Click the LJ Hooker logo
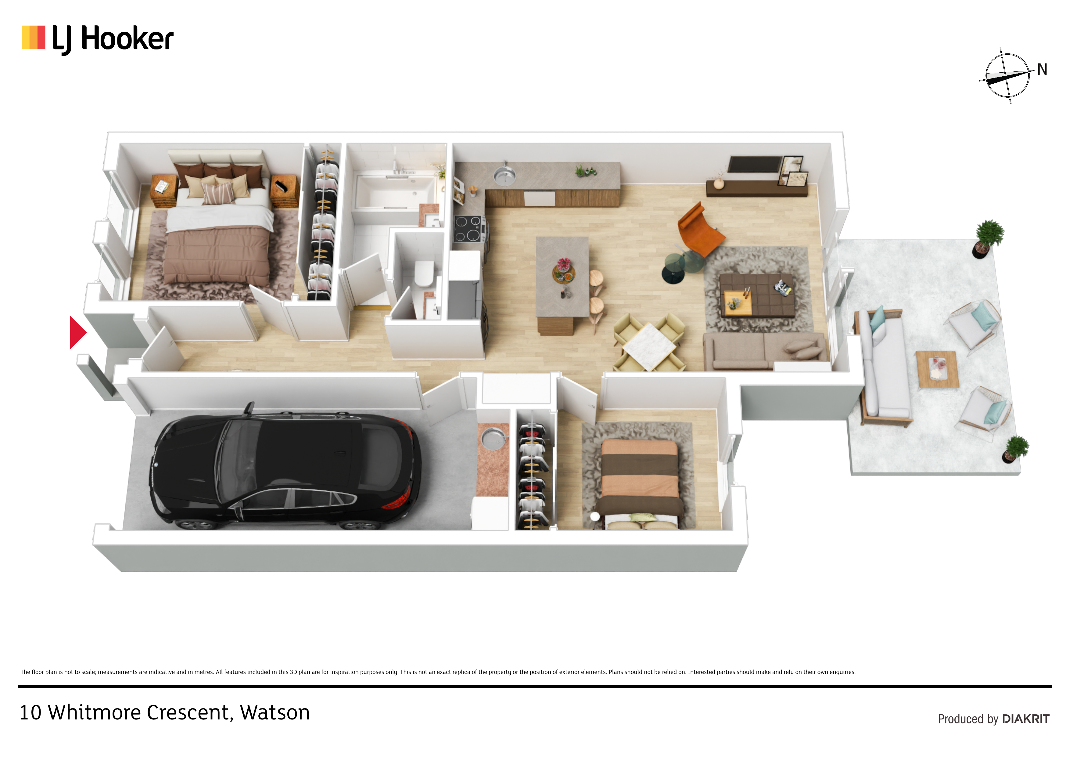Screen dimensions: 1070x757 (97, 39)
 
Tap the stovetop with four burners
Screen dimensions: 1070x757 (469, 229)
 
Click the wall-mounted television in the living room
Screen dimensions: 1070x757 (755, 165)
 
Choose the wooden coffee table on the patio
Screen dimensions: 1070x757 (938, 369)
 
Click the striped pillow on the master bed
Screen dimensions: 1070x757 (218, 193)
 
